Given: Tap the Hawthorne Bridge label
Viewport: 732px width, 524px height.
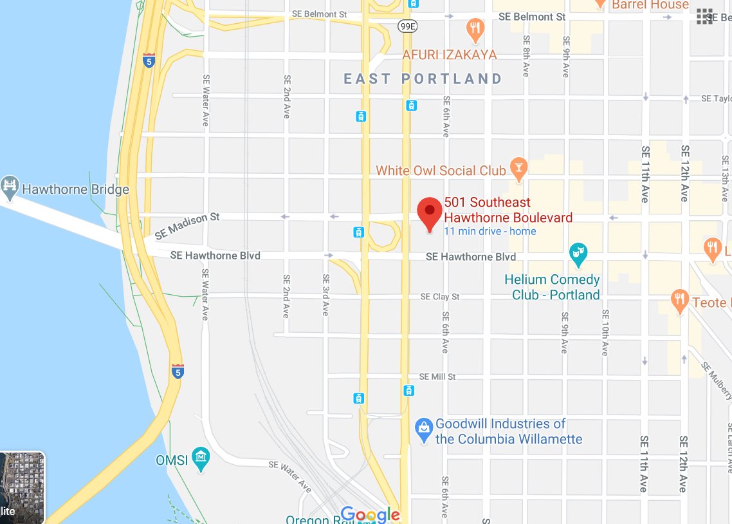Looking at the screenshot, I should coord(75,190).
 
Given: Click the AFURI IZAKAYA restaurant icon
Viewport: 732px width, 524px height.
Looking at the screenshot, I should coord(475,28).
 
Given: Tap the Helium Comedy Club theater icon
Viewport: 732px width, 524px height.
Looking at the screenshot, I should coord(578,254).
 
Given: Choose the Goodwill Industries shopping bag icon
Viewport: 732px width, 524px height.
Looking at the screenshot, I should coord(423,428).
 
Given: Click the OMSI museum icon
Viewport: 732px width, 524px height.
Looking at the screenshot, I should coord(201,460).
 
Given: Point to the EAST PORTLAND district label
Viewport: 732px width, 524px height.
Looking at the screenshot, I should coord(423,79).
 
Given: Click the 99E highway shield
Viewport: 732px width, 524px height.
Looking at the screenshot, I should coord(407,26).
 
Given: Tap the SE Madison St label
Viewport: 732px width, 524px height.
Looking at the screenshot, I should coord(187,225).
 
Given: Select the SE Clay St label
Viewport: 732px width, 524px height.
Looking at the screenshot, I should coord(440,297).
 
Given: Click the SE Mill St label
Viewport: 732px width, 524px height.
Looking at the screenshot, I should coord(437,377).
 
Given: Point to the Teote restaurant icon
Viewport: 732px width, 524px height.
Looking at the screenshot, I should coord(680,301).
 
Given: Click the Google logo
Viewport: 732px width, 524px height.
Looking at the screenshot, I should coord(370,514).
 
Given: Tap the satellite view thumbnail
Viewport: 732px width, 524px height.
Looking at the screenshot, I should coord(22,487).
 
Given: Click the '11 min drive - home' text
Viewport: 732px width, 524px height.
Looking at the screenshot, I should coord(490,232).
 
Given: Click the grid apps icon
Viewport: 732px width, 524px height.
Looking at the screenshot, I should coord(705,17).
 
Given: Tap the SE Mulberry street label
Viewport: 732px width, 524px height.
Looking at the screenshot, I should coord(717,380).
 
